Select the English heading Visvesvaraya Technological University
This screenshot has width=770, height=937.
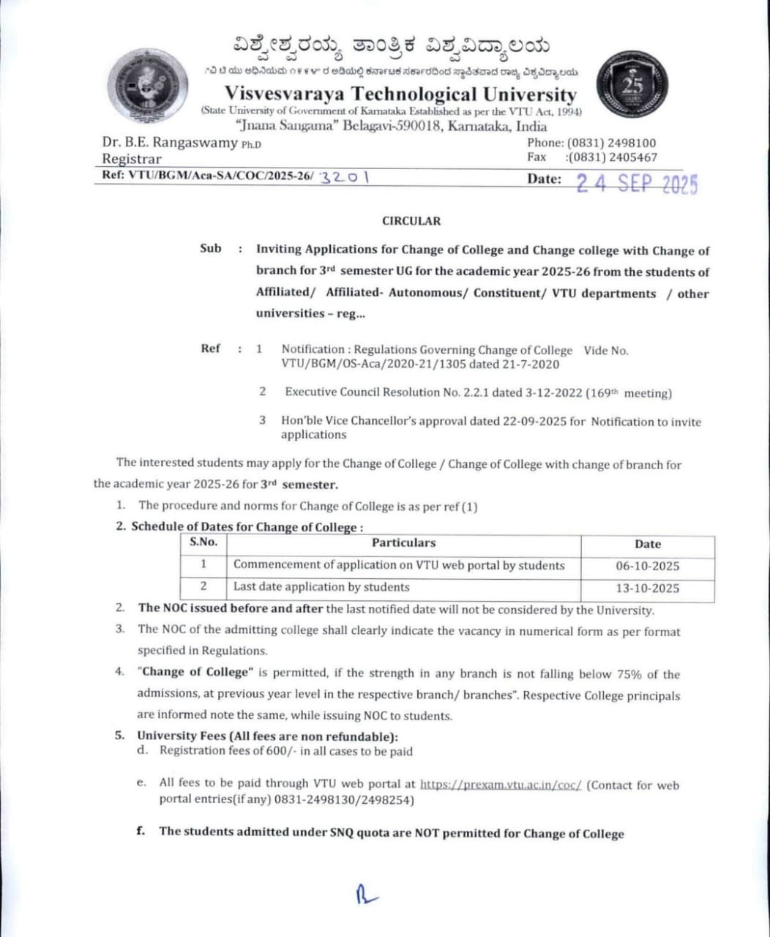pos(400,94)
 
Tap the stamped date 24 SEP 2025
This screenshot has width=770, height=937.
pos(637,183)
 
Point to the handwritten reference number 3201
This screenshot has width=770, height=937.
pos(343,178)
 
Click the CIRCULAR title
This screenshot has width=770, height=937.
pos(411,221)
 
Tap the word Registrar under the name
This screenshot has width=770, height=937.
pos(132,159)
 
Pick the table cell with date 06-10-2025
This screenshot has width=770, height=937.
pos(647,566)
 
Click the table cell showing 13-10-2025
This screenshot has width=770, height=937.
pos(647,588)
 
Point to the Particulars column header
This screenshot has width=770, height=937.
pos(403,543)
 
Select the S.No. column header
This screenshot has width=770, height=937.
pos(203,543)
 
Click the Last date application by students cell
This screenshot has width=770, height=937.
pos(321,587)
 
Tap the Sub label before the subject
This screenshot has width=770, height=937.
pos(210,249)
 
